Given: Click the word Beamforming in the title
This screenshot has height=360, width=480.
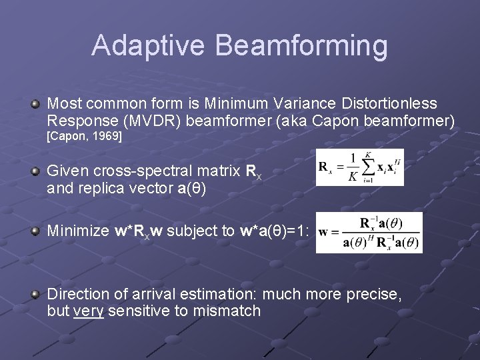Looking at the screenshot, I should pos(302,46).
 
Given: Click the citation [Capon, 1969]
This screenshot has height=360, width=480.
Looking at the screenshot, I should pos(84,136).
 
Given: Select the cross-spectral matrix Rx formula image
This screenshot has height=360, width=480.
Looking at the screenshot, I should pos(360,167).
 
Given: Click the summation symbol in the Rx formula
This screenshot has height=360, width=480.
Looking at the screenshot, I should pos(366,166).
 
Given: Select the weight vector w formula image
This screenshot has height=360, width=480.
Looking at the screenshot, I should pos(369,232).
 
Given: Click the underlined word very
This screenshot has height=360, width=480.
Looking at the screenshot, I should pos(88,311).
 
